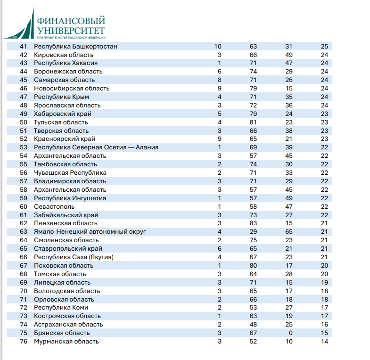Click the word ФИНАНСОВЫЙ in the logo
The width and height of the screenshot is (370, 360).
pyautogui.click(x=71, y=21)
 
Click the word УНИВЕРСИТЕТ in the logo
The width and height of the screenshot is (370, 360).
pyautogui.click(x=71, y=31)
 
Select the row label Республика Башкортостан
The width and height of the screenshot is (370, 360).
pyautogui.click(x=75, y=46)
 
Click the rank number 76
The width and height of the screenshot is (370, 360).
pyautogui.click(x=24, y=341)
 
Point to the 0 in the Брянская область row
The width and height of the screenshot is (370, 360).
pyautogui.click(x=290, y=333)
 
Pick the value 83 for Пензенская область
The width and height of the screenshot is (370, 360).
pyautogui.click(x=253, y=223)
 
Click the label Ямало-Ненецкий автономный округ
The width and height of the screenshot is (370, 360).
pyautogui.click(x=90, y=231)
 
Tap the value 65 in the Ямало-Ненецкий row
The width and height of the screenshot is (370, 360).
pyautogui.click(x=289, y=231)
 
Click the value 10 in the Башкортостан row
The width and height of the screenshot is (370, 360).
pyautogui.click(x=218, y=46)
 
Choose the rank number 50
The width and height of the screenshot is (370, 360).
pyautogui.click(x=24, y=122)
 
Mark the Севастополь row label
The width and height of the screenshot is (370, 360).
pyautogui.click(x=54, y=206)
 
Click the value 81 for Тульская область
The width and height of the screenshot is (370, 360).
pyautogui.click(x=253, y=122)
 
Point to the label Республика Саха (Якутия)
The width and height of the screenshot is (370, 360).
pyautogui.click(x=74, y=257)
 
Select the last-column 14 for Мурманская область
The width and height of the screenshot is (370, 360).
pyautogui.click(x=324, y=341)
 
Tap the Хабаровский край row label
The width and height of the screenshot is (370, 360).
pyautogui.click(x=63, y=114)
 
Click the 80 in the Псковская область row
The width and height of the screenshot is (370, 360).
pyautogui.click(x=253, y=265)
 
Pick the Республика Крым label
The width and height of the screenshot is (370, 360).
pyautogui.click(x=62, y=97)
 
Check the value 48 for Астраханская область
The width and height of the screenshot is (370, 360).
pyautogui.click(x=253, y=324)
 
